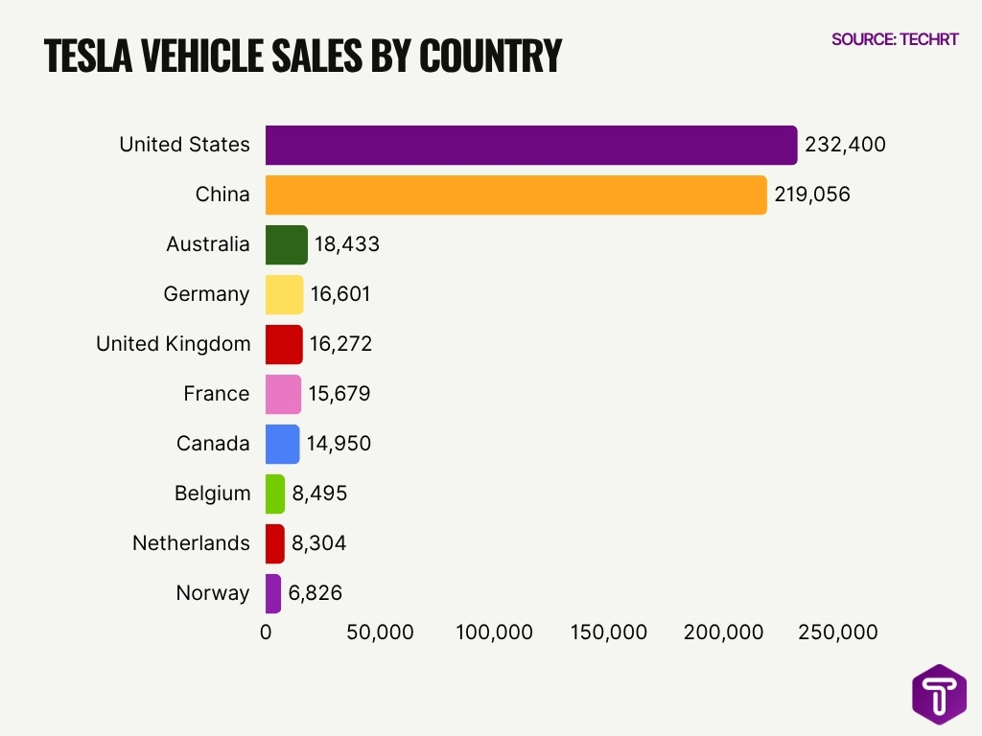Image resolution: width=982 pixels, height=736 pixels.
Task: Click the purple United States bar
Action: tap(530, 145)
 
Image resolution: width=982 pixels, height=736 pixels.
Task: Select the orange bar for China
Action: tap(515, 195)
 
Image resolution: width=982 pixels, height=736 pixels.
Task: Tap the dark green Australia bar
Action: tap(286, 244)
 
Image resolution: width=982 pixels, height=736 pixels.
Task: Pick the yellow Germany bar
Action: tap(284, 294)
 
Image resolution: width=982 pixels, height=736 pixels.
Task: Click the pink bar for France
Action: tap(283, 394)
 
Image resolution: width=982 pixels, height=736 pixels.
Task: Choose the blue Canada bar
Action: tap(282, 444)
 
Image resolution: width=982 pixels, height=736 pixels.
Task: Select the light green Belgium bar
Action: tap(275, 494)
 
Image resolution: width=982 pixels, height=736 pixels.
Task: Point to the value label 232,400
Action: tap(845, 145)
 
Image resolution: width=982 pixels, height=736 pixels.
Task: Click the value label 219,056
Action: tap(812, 195)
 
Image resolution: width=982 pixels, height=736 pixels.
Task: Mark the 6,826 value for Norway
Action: tap(317, 593)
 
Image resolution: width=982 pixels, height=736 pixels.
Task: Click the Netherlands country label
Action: tap(191, 543)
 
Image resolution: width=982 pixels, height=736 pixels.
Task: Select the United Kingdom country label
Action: tap(173, 344)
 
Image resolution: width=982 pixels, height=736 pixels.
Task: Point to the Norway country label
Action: tap(212, 593)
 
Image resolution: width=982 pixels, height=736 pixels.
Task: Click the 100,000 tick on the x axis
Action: tap(494, 632)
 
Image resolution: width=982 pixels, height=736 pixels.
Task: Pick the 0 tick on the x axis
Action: tap(266, 632)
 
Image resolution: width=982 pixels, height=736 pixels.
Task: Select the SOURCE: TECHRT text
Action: tap(894, 39)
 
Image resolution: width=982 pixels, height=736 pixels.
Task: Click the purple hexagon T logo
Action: tap(939, 694)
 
